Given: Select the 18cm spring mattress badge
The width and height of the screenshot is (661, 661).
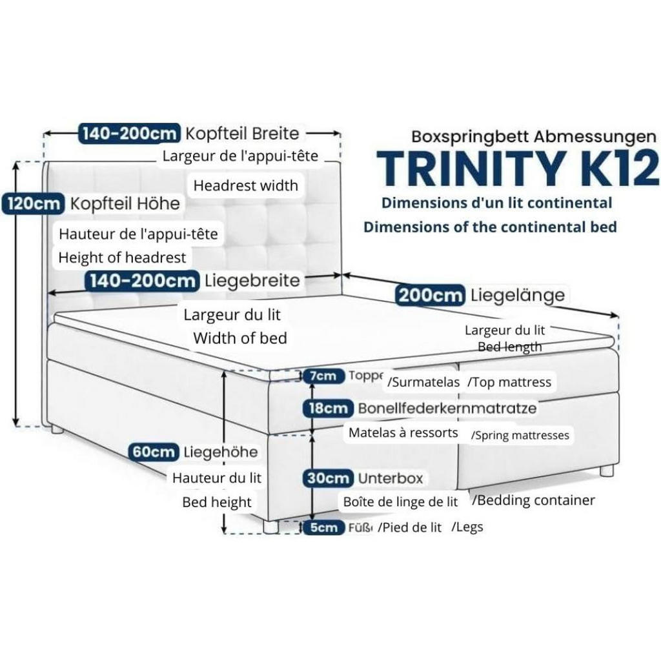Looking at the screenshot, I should (328, 408).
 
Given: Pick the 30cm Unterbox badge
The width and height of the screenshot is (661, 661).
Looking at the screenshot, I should (328, 478).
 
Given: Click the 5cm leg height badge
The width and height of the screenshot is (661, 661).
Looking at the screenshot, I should (323, 527).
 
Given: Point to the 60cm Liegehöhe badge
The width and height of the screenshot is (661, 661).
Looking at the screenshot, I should (153, 452).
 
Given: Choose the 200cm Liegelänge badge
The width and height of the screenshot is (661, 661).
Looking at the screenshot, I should (430, 296).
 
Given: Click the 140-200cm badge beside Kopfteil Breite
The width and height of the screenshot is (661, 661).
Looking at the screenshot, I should (129, 134).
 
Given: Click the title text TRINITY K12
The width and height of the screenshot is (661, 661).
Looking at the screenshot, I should (517, 168).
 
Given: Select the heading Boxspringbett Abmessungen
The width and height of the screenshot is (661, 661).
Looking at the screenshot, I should (534, 136).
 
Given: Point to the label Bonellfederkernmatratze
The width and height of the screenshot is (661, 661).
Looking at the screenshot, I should (447, 408).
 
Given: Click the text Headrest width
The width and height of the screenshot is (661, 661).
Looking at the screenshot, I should (246, 186).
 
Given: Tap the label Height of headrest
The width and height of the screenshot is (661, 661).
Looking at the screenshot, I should (122, 258).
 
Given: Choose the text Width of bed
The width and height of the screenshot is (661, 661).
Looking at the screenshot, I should (240, 338).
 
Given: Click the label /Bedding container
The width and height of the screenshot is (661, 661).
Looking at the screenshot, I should (533, 500).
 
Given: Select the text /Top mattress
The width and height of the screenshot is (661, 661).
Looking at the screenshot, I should (509, 382).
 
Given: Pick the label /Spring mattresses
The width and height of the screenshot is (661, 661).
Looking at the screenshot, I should (520, 435).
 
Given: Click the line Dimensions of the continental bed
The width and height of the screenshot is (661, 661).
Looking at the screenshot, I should (490, 227).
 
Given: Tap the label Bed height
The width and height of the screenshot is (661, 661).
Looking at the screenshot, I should (217, 502).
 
